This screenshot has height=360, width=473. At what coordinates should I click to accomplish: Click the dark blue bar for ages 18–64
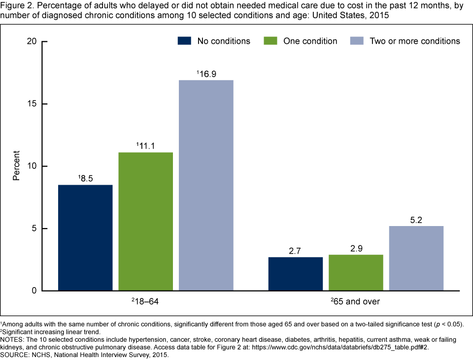85,237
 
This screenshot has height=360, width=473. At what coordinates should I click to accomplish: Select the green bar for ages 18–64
145,222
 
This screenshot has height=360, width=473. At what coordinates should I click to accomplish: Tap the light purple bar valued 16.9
206,185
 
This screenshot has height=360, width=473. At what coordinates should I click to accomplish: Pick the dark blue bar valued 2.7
296,274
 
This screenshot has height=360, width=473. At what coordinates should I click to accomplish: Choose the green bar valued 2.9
356,272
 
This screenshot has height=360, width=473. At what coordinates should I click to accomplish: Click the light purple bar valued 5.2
416,258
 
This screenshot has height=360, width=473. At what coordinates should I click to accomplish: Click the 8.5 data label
86,178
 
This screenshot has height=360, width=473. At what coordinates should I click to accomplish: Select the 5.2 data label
416,220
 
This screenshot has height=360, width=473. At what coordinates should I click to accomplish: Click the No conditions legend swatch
185,41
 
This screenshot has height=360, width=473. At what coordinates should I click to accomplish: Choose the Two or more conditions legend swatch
356,41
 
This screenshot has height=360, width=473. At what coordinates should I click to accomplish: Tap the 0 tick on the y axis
34,291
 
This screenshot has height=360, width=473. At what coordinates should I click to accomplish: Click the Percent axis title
16,166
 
